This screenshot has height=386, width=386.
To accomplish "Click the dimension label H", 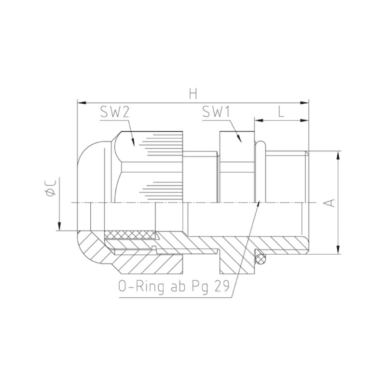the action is (193, 94).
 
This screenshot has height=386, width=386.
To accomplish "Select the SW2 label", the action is (115, 112).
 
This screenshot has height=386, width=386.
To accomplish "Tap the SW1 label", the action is (216, 112).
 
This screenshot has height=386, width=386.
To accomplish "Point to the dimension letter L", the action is (281, 112).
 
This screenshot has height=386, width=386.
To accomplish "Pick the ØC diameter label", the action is (51, 188).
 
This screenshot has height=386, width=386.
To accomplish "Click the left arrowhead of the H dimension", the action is (82, 103).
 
